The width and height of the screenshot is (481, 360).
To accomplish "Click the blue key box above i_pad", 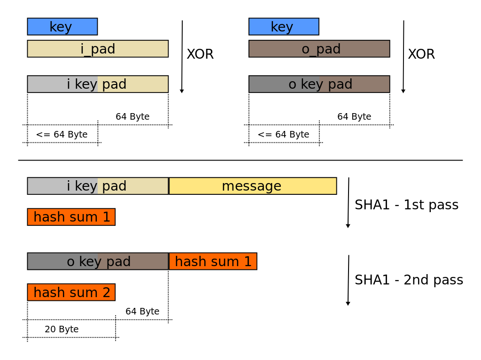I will tap(62, 27).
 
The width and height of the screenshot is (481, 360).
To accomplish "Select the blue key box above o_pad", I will tap(284, 27).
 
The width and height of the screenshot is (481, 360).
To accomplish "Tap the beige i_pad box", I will tap(98, 49).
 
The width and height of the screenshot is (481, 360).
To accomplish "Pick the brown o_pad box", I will tap(319, 49).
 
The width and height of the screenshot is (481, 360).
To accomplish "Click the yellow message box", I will tap(253, 186).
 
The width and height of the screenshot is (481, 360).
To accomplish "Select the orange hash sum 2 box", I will tap(71, 292).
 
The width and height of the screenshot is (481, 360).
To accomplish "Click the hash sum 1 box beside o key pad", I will tap(213, 261).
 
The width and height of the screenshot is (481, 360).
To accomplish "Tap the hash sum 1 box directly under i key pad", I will tap(71, 217).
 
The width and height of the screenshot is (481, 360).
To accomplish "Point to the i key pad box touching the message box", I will tap(98, 186).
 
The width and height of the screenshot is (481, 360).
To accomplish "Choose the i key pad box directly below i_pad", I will tap(98, 84).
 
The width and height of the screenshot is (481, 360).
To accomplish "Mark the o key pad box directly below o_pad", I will tap(319, 84).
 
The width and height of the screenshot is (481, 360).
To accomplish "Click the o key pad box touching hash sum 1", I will tap(98, 261).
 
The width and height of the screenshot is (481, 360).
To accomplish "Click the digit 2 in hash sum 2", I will tap(106, 293).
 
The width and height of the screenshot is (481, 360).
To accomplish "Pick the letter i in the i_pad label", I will tap(82, 49).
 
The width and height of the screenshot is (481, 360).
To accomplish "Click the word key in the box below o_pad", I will tap(312, 84).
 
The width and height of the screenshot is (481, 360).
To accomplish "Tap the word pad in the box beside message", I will tap(114, 186).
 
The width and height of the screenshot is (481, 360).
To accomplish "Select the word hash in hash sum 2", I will tap(48, 292).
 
